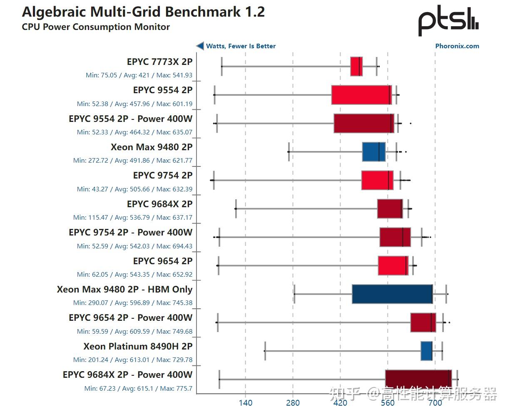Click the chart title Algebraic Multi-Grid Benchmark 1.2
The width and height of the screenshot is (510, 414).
143,12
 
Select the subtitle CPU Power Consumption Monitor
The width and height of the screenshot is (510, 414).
96,27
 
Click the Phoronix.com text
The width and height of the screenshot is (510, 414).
457,46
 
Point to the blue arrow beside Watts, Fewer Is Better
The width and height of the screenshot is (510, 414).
200,46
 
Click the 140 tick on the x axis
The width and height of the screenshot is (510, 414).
245,403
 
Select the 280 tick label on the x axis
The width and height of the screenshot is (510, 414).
293,403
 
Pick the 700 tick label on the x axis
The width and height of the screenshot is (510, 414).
435,403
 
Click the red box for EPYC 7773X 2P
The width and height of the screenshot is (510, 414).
356,66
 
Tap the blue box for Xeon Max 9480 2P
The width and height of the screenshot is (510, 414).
373,152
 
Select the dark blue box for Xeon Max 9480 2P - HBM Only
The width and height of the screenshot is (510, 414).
392,294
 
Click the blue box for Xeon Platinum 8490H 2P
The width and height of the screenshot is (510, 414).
426,351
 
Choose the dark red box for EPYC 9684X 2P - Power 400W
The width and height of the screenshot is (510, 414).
418,379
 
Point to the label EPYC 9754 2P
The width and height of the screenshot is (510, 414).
162,176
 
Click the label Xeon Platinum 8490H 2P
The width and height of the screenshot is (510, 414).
138,346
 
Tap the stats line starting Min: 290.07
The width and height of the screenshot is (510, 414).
133,303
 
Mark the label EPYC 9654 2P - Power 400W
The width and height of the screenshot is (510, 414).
130,318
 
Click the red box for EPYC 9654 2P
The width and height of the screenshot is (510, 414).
393,265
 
